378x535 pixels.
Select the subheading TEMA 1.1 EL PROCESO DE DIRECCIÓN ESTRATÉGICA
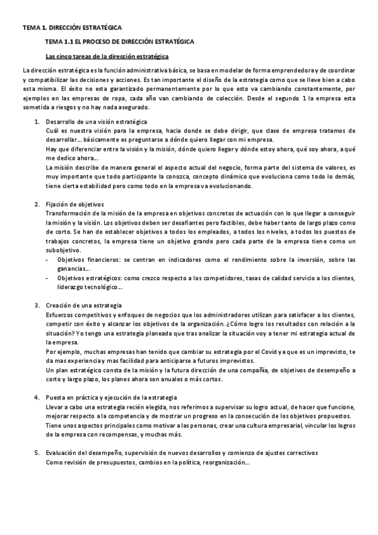click(120, 42)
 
